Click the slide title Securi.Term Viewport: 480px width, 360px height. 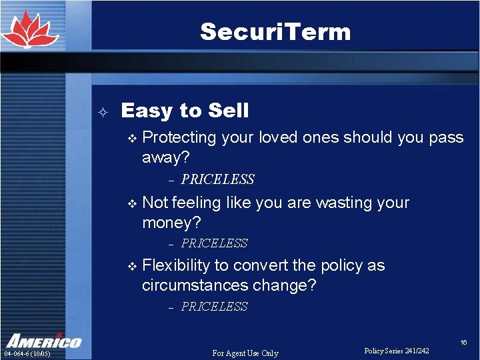[275, 31]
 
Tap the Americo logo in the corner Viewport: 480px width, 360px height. [43, 340]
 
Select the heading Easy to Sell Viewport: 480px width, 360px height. [185, 111]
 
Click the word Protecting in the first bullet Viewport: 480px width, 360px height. [179, 138]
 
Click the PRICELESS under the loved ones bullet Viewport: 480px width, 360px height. [217, 179]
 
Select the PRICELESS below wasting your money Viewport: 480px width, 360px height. [214, 243]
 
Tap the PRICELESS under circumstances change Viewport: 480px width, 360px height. [214, 307]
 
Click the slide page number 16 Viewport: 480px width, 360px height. [463, 342]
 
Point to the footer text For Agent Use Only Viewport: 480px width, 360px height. [245, 353]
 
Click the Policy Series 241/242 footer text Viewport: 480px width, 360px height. [397, 351]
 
